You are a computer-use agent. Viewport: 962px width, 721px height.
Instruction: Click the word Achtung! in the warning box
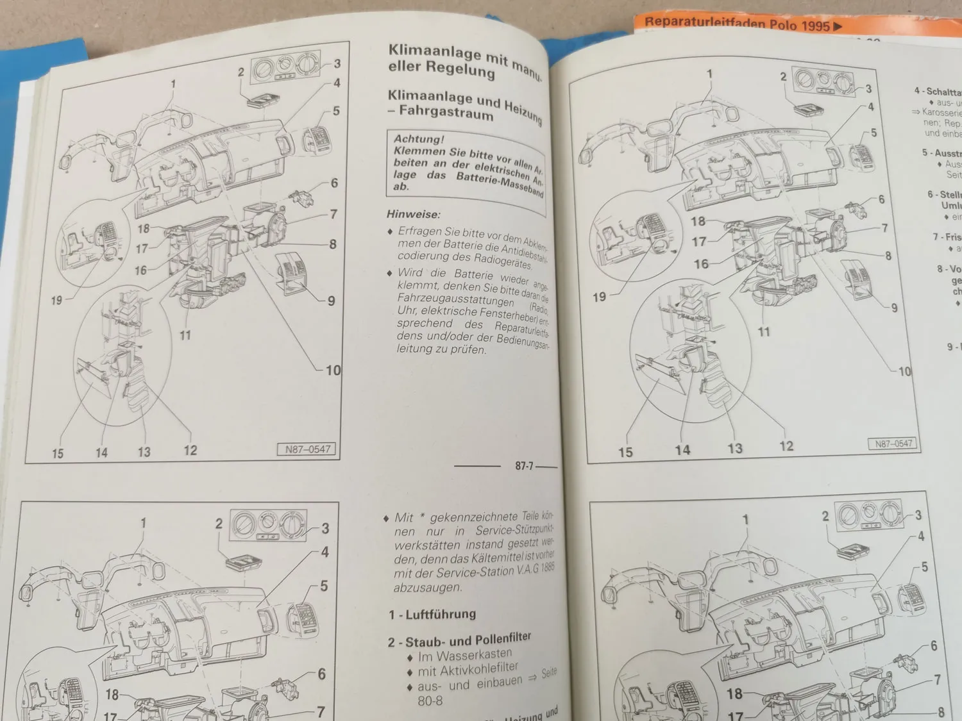(x=418, y=139)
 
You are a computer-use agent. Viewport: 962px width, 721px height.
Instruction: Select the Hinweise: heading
(x=413, y=214)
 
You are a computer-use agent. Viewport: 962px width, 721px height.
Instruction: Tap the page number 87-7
(x=524, y=466)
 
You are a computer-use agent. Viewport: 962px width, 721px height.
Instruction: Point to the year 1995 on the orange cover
(x=815, y=26)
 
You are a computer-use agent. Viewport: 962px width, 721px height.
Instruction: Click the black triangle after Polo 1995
(x=837, y=27)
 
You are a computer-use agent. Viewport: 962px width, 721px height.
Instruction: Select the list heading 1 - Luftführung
(x=432, y=614)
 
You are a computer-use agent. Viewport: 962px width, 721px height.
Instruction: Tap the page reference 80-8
(x=430, y=700)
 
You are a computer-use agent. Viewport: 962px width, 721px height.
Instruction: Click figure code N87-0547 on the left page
(x=307, y=449)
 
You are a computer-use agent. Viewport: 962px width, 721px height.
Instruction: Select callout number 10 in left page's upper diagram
(x=333, y=370)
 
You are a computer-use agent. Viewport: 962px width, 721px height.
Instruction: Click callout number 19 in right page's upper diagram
(x=598, y=297)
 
